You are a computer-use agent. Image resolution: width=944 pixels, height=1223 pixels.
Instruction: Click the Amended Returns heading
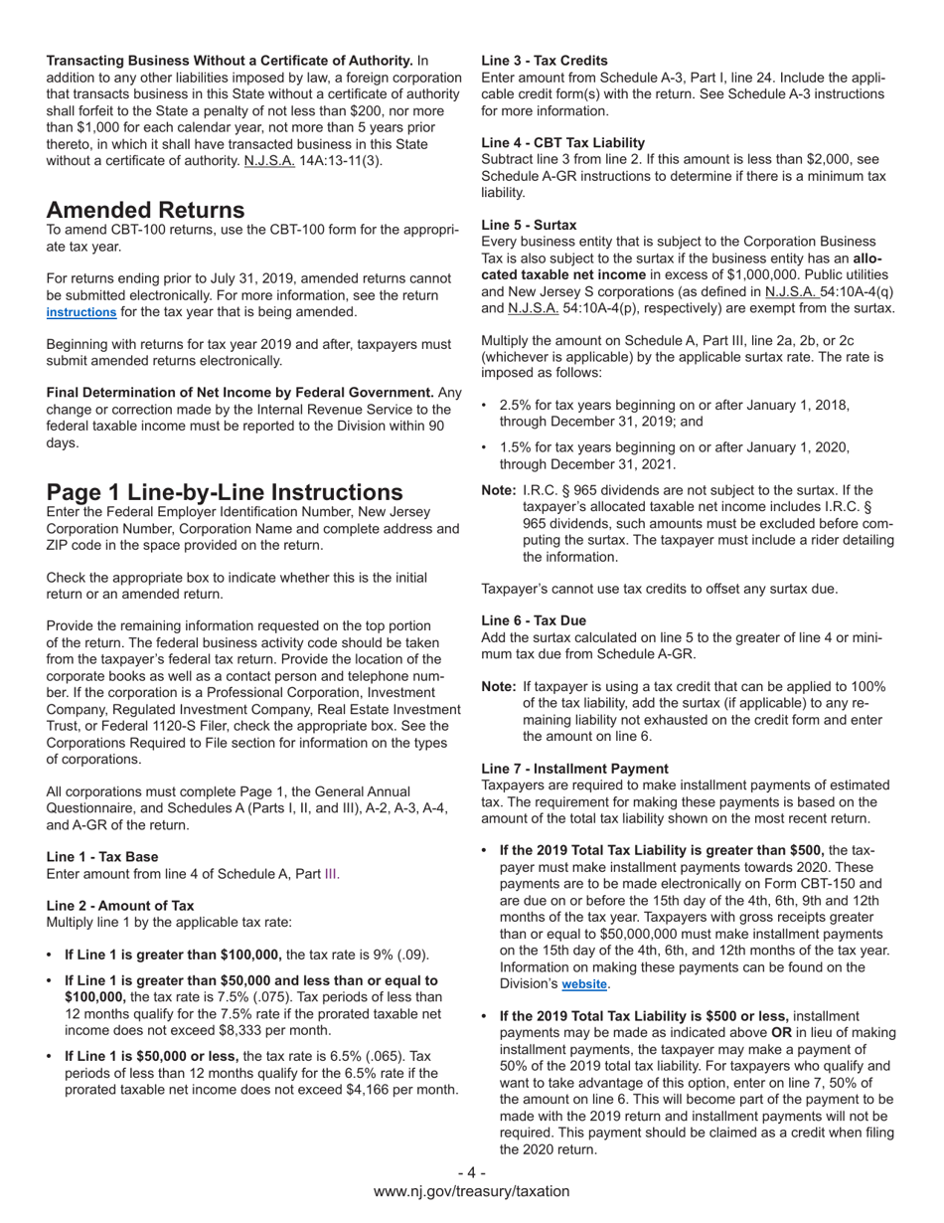click(x=145, y=210)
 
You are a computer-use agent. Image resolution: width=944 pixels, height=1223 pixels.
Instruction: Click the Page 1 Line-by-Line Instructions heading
click(x=225, y=492)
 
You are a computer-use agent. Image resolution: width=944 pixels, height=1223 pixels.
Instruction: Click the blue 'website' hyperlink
click(x=584, y=984)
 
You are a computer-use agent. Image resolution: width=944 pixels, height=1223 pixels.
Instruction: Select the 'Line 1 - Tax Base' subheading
click(x=102, y=856)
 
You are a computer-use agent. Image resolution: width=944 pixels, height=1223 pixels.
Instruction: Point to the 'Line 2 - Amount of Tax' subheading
click(x=120, y=905)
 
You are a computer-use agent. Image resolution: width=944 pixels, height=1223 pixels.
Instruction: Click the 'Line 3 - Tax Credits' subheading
click(x=545, y=60)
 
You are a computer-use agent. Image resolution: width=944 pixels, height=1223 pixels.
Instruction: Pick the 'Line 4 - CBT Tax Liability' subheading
click(x=562, y=142)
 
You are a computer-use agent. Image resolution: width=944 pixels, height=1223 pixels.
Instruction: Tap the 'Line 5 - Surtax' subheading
click(x=529, y=225)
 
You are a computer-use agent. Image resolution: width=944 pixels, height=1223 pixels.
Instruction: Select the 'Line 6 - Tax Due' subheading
click(x=534, y=620)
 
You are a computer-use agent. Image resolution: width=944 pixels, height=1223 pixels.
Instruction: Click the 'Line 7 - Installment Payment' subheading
click(x=574, y=769)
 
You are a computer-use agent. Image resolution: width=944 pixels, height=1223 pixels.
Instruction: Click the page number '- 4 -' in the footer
click(x=471, y=1173)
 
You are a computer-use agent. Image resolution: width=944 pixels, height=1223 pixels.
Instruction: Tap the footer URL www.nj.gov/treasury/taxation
click(x=472, y=1191)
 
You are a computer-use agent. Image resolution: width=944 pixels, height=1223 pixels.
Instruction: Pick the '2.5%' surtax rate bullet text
click(x=517, y=406)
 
